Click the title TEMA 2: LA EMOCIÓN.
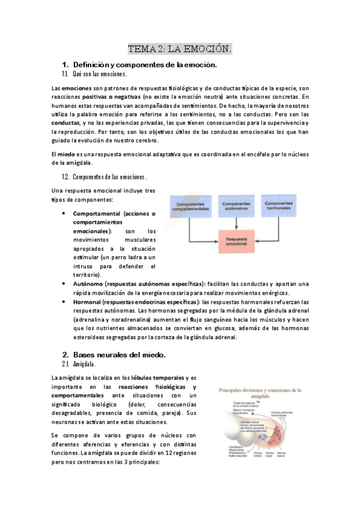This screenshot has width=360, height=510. pyautogui.click(x=180, y=48)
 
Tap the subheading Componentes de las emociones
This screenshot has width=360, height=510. pyautogui.click(x=109, y=177)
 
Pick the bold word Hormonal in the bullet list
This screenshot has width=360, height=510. pyautogui.click(x=87, y=301)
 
